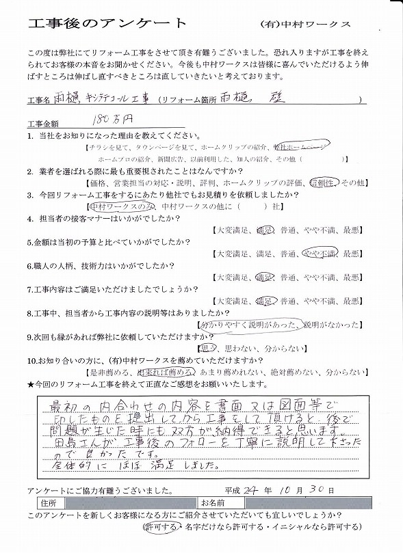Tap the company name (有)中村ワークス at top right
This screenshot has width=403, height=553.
click(x=306, y=24)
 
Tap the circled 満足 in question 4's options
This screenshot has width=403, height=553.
click(x=265, y=230)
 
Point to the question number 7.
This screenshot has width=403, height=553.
click(x=31, y=288)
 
